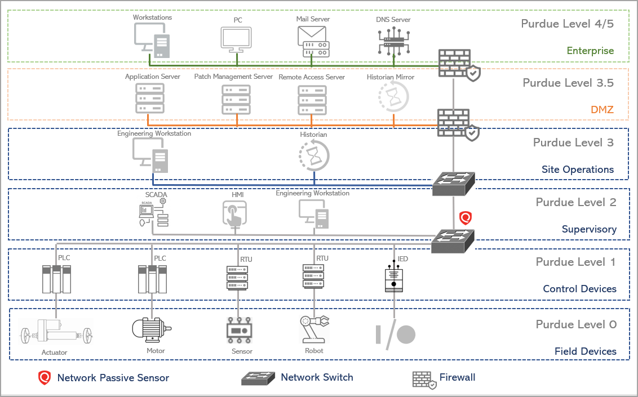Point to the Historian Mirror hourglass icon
pyautogui.click(x=393, y=96)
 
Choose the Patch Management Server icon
pyautogui.click(x=236, y=99)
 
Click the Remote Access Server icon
pyautogui.click(x=312, y=99)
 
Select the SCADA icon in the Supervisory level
pyautogui.click(x=153, y=212)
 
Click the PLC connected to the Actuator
pyautogui.click(x=57, y=278)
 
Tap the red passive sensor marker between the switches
pyautogui.click(x=465, y=218)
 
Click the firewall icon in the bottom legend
pyautogui.click(x=424, y=379)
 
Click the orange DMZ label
pyautogui.click(x=602, y=110)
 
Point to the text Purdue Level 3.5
pyautogui.click(x=568, y=83)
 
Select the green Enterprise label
pyautogui.click(x=590, y=51)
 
